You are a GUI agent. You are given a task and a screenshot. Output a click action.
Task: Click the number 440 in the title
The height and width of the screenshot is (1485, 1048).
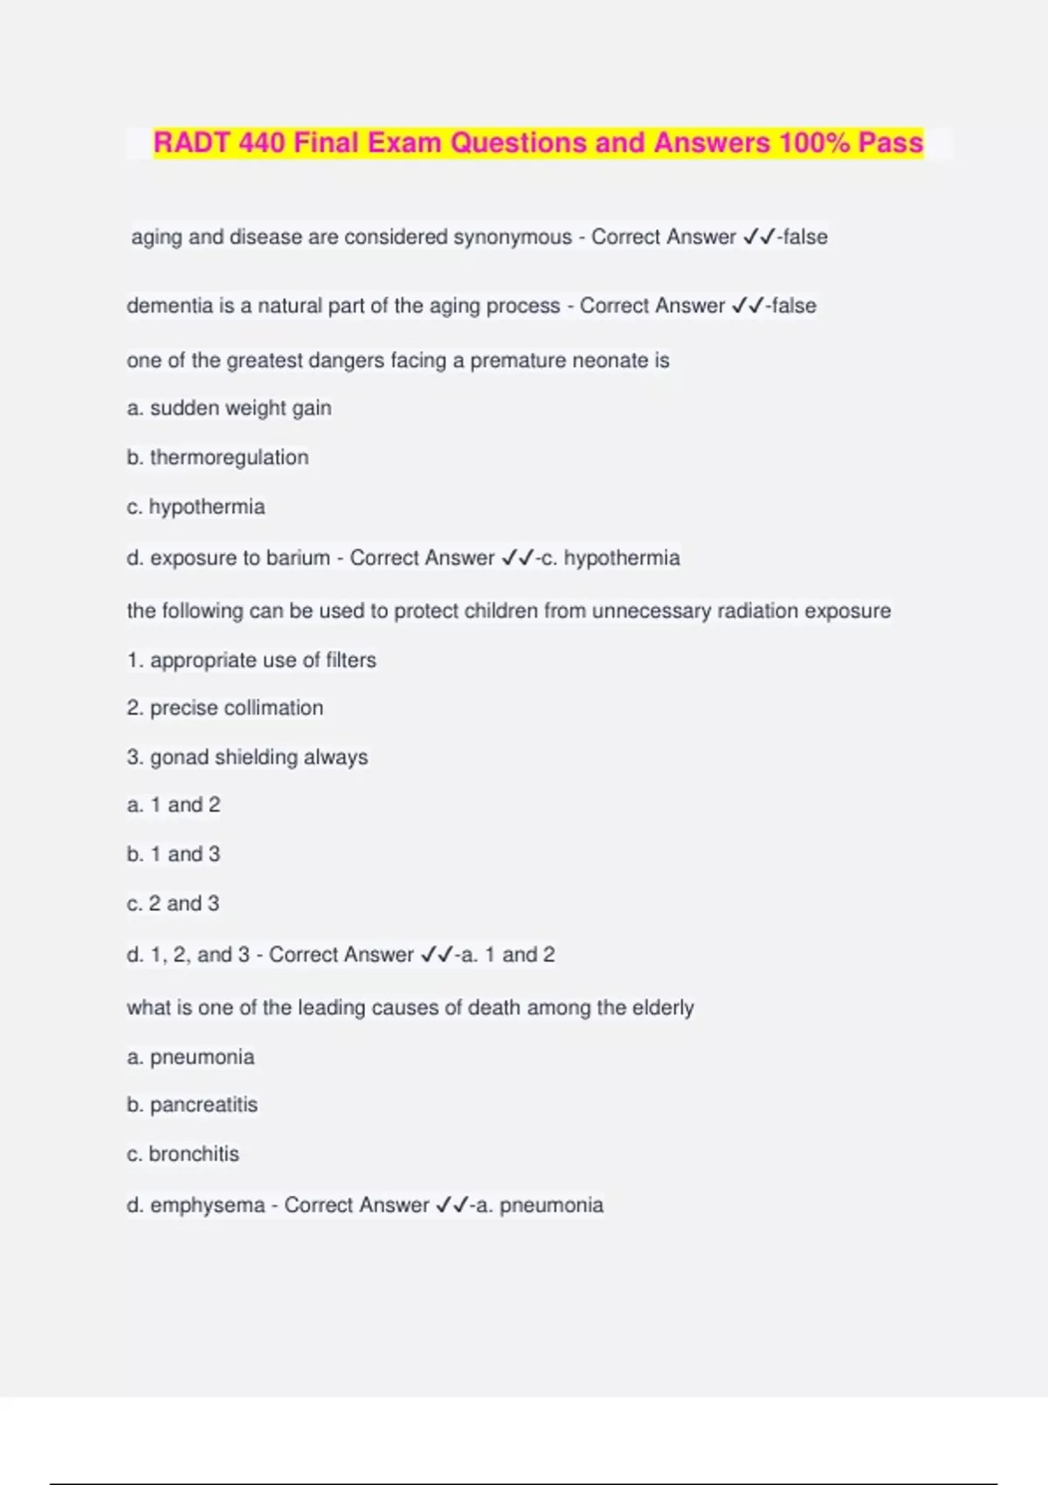(261, 142)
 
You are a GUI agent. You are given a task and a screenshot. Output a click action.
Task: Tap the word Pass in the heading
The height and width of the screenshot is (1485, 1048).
(890, 142)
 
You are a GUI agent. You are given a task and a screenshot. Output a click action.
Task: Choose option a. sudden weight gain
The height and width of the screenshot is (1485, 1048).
(229, 408)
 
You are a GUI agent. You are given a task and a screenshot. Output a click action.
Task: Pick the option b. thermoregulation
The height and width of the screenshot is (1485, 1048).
(217, 458)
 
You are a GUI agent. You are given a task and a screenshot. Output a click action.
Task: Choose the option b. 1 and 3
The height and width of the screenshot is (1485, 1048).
(174, 854)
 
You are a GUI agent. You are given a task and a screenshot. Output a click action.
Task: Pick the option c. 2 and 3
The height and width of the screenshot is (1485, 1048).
(173, 903)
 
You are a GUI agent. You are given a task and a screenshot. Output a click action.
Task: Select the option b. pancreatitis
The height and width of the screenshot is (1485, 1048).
(192, 1105)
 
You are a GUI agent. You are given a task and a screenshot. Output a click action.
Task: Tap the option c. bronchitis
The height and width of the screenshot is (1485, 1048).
(183, 1154)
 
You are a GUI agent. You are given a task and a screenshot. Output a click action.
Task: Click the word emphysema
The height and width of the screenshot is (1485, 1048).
(207, 1205)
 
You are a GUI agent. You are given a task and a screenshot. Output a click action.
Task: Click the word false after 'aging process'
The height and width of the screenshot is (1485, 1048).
(794, 306)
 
